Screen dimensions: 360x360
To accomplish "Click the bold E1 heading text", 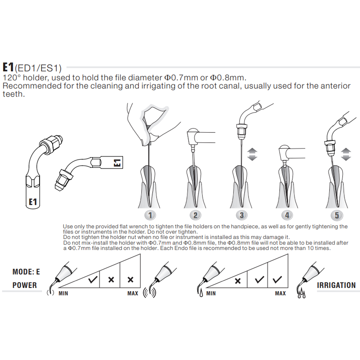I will (x=8, y=67).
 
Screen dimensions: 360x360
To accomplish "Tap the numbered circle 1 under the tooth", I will (x=150, y=215).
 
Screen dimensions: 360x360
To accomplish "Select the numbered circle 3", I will (x=241, y=215).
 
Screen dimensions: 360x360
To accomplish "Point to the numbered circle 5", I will (x=337, y=215).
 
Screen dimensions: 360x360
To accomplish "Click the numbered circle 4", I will (x=287, y=215).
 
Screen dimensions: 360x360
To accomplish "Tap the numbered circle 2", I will (x=195, y=215).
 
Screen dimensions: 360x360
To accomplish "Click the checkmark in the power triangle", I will (x=93, y=280).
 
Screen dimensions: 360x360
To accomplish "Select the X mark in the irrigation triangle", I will (x=238, y=281).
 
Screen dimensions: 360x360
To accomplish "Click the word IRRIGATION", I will (x=336, y=285).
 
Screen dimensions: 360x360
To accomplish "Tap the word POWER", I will (x=25, y=285).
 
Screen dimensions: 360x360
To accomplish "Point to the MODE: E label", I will (x=26, y=272).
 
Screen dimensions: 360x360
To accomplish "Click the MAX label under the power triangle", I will (x=133, y=293).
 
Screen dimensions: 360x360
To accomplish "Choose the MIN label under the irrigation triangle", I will (x=211, y=293).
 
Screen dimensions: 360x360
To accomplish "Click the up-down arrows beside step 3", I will (x=252, y=154).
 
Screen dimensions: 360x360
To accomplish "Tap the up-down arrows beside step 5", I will (x=346, y=154).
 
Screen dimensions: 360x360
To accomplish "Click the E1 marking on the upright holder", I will (x=33, y=202).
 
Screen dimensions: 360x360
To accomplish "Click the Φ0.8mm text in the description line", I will (x=228, y=78).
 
